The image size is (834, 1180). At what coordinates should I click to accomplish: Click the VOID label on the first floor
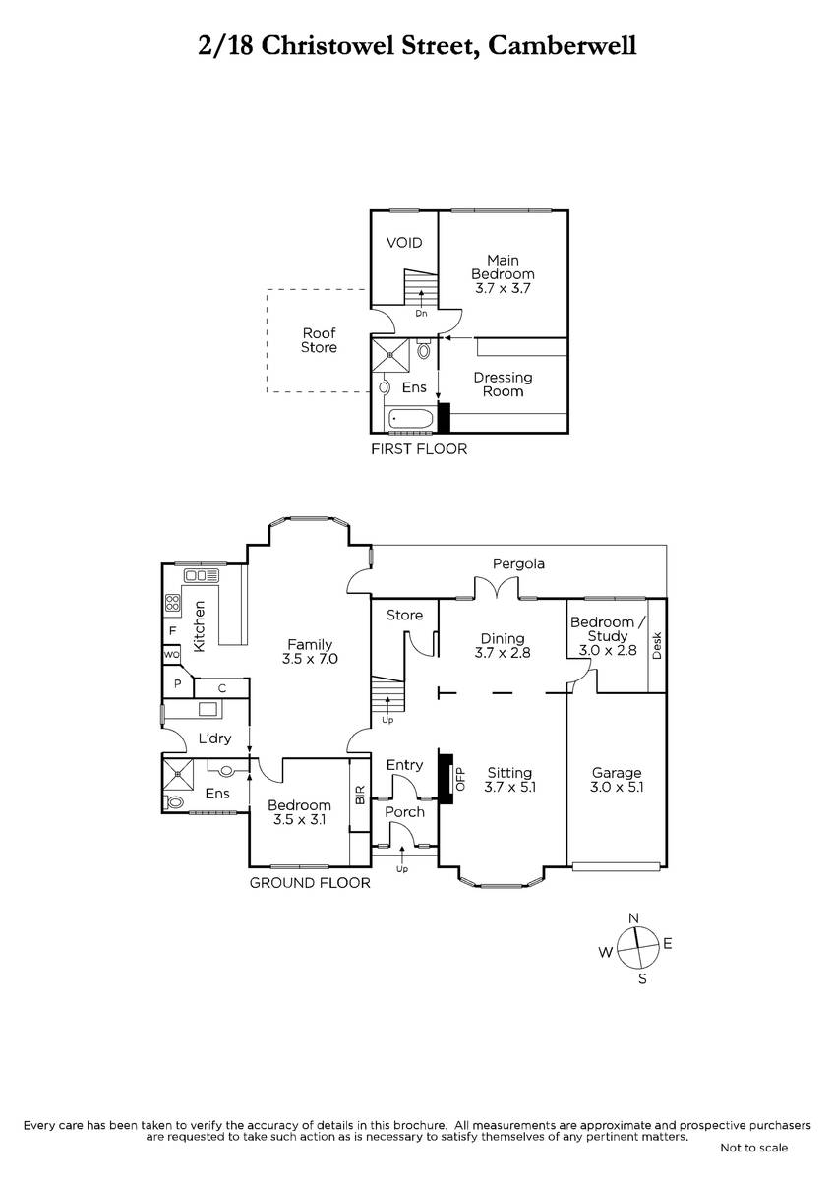tap(404, 243)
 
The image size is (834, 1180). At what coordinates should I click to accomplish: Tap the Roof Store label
tap(320, 340)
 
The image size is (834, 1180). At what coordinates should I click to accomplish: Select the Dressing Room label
tap(503, 384)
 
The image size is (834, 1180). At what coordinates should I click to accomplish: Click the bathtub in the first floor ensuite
tap(411, 420)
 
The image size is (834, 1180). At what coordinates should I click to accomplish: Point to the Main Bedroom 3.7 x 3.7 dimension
tap(503, 289)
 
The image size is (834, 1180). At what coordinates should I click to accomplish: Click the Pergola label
tap(518, 564)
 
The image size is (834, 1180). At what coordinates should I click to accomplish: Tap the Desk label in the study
tap(657, 645)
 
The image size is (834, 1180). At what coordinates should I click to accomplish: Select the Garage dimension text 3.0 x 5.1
tap(617, 787)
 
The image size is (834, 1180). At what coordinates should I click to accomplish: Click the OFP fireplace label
tap(460, 779)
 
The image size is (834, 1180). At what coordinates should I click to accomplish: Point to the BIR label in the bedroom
tap(360, 795)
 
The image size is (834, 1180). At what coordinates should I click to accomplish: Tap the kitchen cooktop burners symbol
tap(173, 603)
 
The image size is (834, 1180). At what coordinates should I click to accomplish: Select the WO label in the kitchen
tap(171, 655)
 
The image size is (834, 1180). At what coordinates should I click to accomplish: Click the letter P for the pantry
tap(178, 683)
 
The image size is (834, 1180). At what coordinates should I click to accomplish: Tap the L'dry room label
tap(215, 738)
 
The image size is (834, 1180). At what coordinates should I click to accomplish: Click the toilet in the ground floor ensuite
tap(174, 802)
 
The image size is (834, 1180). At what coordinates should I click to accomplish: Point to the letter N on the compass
tap(633, 918)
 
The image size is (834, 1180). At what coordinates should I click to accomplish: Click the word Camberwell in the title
tap(563, 46)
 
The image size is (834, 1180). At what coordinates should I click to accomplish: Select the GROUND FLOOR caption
tap(310, 883)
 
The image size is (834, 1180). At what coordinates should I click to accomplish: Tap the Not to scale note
tap(754, 1148)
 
